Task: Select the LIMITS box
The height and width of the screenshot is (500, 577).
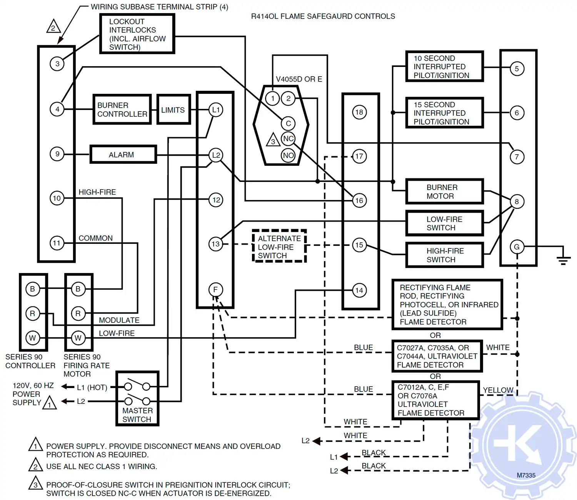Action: pos(173,110)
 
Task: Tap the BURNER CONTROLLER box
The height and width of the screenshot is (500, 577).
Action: pos(122,110)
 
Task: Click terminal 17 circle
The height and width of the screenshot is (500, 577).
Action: pos(359,157)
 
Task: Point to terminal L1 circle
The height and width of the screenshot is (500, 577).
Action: pos(216,110)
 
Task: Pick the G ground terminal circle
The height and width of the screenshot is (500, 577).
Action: pos(517,247)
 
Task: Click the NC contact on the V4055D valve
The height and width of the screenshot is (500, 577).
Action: pos(288,139)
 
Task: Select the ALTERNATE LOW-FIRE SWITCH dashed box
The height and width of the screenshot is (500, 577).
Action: pos(279,247)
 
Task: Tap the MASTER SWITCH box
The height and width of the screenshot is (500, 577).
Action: pos(137,398)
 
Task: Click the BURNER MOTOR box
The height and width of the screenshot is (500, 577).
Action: pos(444,192)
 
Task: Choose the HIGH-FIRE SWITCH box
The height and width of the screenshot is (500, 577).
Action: pos(444,255)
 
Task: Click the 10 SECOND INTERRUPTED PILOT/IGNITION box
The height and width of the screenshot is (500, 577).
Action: pos(444,67)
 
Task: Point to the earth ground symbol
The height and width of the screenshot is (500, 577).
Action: pos(563,260)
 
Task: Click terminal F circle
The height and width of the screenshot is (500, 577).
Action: pos(215,290)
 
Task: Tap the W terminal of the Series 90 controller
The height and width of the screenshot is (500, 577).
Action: pos(33,338)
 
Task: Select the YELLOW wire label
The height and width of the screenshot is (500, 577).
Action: pos(498,390)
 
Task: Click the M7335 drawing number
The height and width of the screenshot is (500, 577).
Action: pos(526,475)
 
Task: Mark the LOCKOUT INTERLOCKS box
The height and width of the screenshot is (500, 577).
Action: pos(137,34)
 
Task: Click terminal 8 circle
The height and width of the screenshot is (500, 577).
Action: pos(517,202)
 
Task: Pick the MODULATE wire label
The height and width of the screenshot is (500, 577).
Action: pos(119,320)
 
